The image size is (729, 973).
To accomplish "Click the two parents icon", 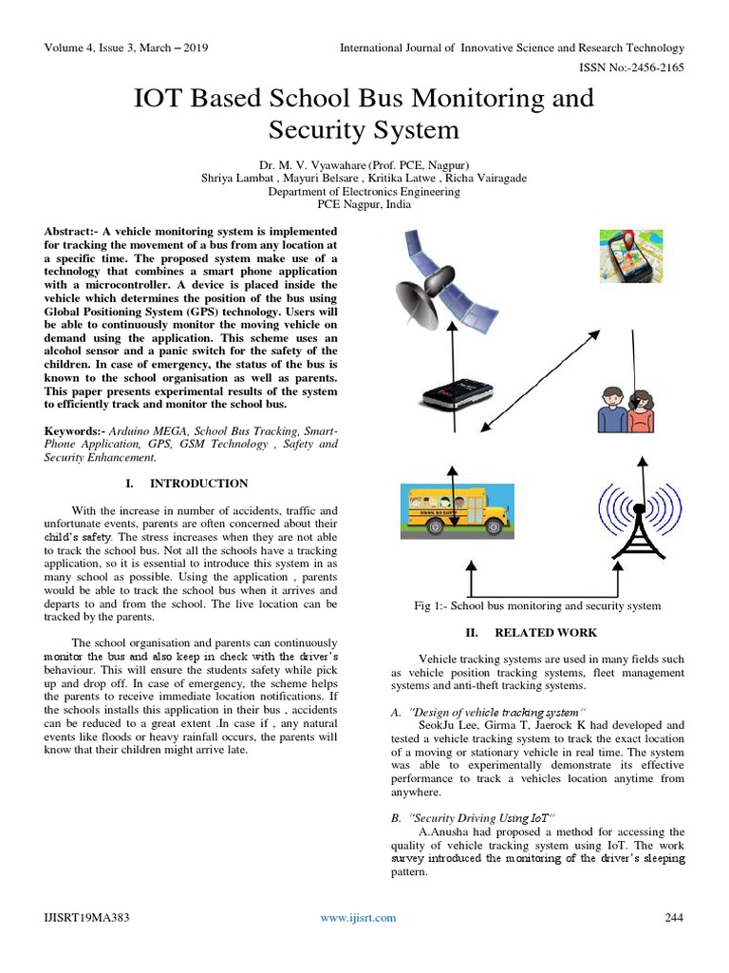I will pyautogui.click(x=624, y=408).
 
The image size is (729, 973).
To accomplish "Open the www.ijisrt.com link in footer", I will pyautogui.click(x=358, y=917).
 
